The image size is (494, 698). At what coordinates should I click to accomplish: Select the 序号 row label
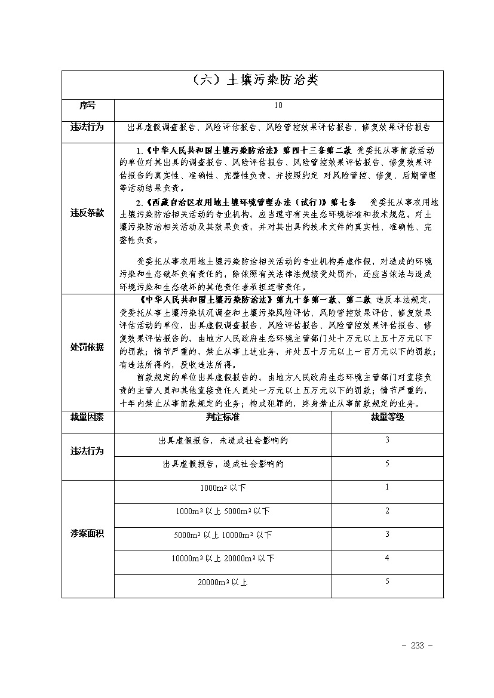87,106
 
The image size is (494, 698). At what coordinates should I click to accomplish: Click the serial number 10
278,106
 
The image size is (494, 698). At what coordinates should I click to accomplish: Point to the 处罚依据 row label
87,348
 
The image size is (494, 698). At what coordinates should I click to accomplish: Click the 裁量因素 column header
87,417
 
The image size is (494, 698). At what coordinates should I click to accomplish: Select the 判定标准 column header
223,417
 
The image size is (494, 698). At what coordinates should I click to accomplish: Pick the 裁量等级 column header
387,417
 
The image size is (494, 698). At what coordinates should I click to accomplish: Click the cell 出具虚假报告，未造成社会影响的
223,441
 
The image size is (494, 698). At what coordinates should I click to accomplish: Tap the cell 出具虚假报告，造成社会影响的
223,464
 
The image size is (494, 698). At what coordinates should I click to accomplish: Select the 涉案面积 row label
87,534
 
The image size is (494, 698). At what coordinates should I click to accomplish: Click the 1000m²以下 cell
223,488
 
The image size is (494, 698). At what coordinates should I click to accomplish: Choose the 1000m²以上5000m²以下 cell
223,511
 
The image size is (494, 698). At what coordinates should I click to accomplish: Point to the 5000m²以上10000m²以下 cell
223,534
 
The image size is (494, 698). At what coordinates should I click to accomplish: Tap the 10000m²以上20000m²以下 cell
223,558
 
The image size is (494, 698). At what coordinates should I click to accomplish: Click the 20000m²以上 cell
223,582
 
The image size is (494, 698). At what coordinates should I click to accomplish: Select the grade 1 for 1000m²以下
387,487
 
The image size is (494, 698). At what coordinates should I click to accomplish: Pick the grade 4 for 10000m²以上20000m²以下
387,558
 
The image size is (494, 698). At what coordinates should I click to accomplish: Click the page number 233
418,646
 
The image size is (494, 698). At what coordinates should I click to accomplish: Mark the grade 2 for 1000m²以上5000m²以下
387,511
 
